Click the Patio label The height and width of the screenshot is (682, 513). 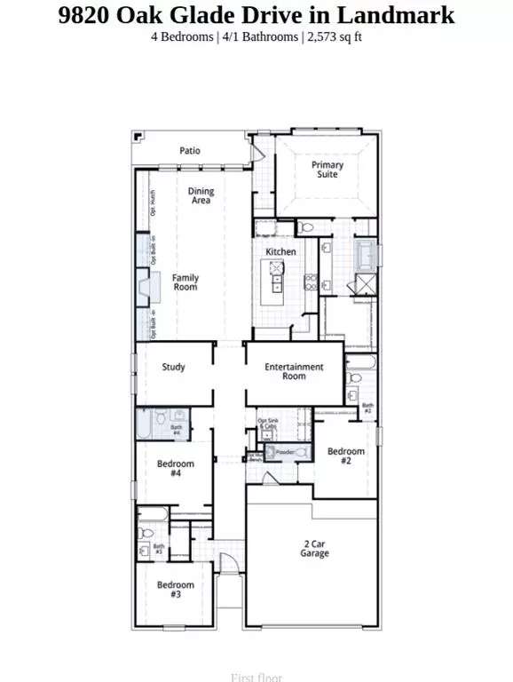(x=189, y=151)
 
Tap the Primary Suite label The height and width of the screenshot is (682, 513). (x=327, y=170)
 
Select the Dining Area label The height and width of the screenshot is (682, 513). (x=201, y=196)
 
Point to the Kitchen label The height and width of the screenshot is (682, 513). (x=281, y=252)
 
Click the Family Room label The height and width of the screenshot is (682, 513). (x=185, y=282)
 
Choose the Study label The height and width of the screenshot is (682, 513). (x=173, y=367)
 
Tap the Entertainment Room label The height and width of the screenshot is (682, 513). (x=295, y=371)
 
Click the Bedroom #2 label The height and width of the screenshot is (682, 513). (x=345, y=456)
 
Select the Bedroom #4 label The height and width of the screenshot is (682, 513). (x=176, y=469)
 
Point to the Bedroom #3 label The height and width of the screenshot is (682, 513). (x=176, y=589)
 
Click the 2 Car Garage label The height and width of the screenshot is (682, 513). (x=314, y=549)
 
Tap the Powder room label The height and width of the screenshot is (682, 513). (x=284, y=453)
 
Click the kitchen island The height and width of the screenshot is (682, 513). (x=278, y=283)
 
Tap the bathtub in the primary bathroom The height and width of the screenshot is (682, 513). (x=364, y=255)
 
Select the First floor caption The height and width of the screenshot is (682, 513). (x=256, y=677)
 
